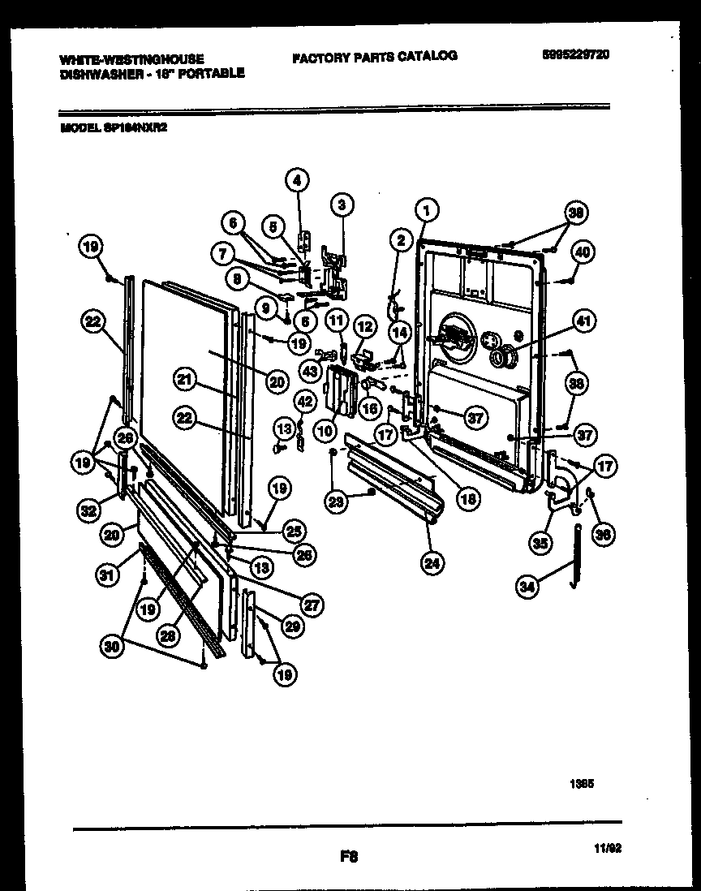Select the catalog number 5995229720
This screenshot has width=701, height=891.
[x=574, y=55]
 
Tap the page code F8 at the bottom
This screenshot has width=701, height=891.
[x=349, y=855]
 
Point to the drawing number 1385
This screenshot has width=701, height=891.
[x=582, y=785]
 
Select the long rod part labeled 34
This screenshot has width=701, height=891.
[x=578, y=552]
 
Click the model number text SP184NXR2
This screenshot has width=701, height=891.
[x=134, y=127]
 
